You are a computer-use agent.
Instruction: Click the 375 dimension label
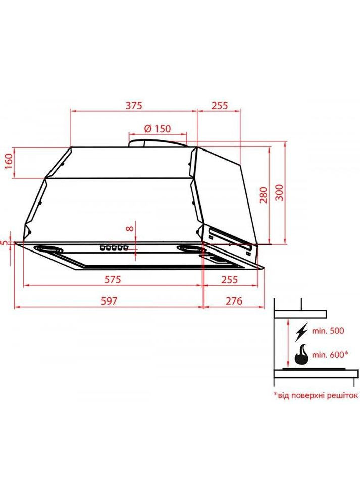pyautogui.click(x=134, y=106)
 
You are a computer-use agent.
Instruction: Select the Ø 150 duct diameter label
pyautogui.click(x=157, y=129)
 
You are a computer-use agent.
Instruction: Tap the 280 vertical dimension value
pyautogui.click(x=263, y=194)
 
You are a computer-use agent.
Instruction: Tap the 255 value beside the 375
pyautogui.click(x=219, y=106)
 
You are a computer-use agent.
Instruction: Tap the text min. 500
pyautogui.click(x=328, y=332)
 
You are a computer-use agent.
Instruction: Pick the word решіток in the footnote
pyautogui.click(x=339, y=395)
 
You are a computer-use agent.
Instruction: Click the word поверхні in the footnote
pyautogui.click(x=304, y=395)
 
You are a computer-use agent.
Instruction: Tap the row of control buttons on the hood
pyautogui.click(x=114, y=248)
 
